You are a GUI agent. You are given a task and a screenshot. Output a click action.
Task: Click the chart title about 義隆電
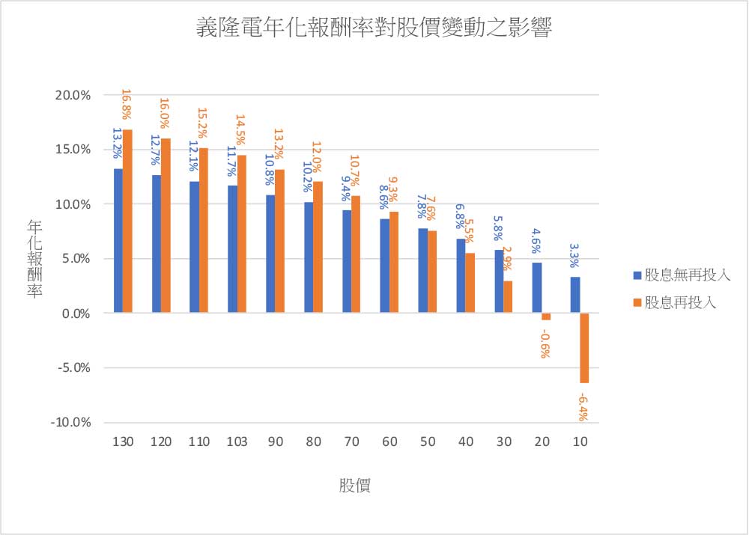tap(374, 28)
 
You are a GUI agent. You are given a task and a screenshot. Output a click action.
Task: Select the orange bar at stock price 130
tap(127, 221)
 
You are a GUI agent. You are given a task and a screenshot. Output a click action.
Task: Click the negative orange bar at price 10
tap(583, 348)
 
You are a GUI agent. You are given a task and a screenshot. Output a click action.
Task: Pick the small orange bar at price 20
tap(546, 317)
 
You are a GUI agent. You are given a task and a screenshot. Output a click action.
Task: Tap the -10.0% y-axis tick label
tap(72, 422)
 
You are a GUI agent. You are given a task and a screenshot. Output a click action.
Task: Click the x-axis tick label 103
tap(237, 442)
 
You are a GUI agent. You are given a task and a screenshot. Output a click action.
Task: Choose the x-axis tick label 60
tap(389, 442)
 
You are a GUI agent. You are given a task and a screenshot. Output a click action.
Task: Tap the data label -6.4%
tap(583, 407)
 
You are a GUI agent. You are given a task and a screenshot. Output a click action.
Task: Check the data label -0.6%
tap(545, 343)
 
